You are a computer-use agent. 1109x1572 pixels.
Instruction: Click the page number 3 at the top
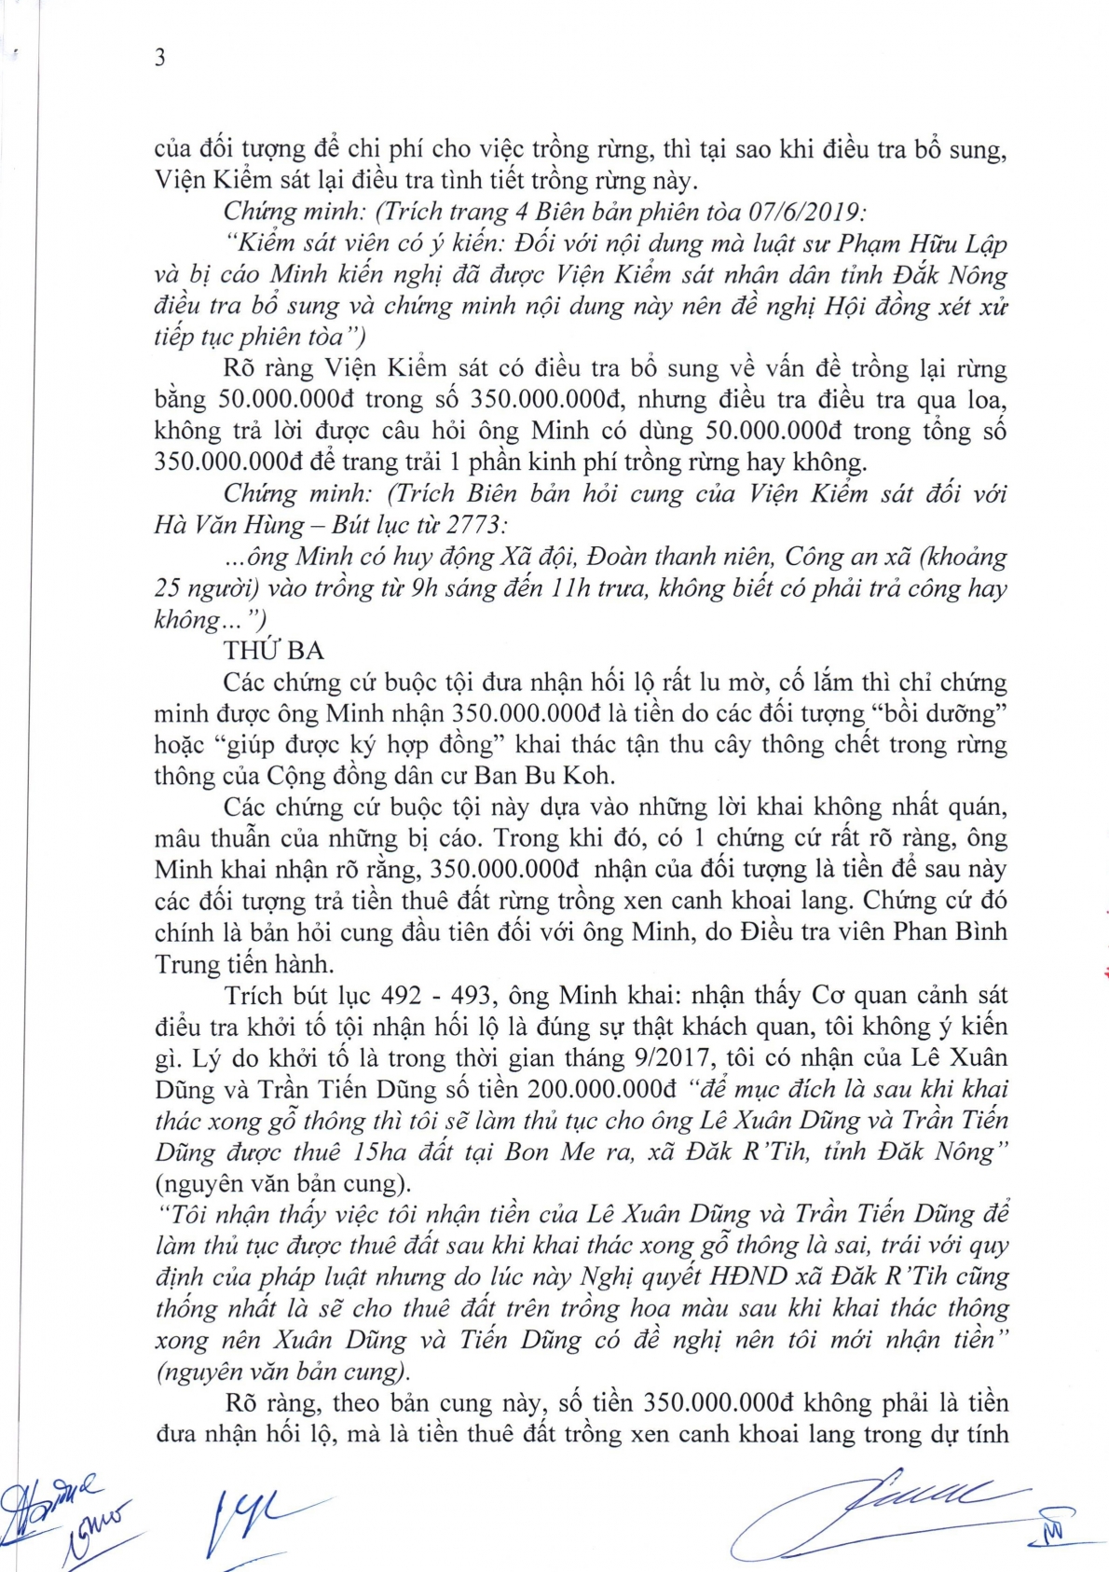pos(160,58)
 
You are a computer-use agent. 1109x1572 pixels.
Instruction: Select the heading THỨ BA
pos(273,651)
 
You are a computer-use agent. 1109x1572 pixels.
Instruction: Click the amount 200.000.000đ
pos(602,1089)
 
